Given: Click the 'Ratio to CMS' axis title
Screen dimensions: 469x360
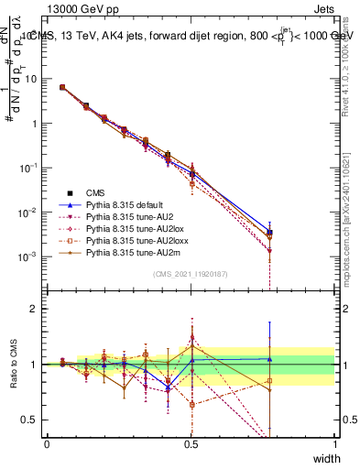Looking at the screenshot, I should point(12,365).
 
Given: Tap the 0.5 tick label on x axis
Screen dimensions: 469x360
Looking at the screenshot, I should point(191,444).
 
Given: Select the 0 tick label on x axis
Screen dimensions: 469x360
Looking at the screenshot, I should point(47,444).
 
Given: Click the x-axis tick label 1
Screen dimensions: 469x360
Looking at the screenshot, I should point(334,444).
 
